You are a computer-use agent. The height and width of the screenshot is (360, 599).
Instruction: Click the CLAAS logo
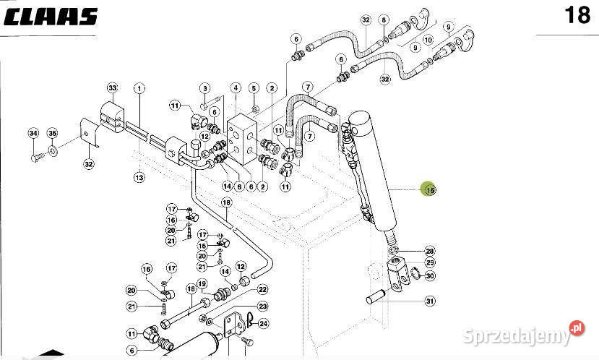[50, 16]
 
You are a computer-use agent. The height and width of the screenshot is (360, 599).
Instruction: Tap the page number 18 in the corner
[577, 15]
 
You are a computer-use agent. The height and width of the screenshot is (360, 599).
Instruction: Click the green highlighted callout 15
[430, 190]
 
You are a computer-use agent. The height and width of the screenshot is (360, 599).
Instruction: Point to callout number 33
[112, 88]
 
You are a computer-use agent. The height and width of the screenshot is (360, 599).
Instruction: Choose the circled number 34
[33, 133]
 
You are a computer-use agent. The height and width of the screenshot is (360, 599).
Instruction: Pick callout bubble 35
[52, 133]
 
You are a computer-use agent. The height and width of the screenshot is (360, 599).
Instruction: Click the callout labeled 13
[139, 176]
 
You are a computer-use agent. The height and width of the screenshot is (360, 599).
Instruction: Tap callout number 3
[204, 88]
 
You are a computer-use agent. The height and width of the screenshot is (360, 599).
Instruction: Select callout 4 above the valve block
[236, 88]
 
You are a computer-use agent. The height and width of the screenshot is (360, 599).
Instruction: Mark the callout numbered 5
[254, 88]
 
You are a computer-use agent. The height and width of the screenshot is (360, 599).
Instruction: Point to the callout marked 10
[428, 40]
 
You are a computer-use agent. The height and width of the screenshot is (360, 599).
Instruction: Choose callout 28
[429, 251]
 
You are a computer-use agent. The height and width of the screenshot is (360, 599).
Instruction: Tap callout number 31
[430, 301]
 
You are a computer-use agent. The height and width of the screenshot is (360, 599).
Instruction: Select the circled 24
[263, 323]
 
